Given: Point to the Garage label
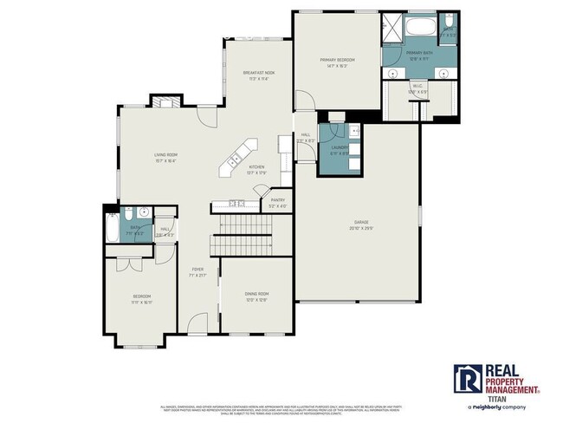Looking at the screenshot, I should pos(361,221).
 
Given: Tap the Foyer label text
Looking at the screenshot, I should pos(197,269).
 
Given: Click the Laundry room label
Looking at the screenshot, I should pos(339,147).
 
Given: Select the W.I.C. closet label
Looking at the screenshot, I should pos(417,86).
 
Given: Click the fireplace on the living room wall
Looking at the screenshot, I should pos(165,101).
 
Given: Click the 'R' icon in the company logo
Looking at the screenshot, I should pos(468,378).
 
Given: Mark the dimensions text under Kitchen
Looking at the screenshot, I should pos(256,172).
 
